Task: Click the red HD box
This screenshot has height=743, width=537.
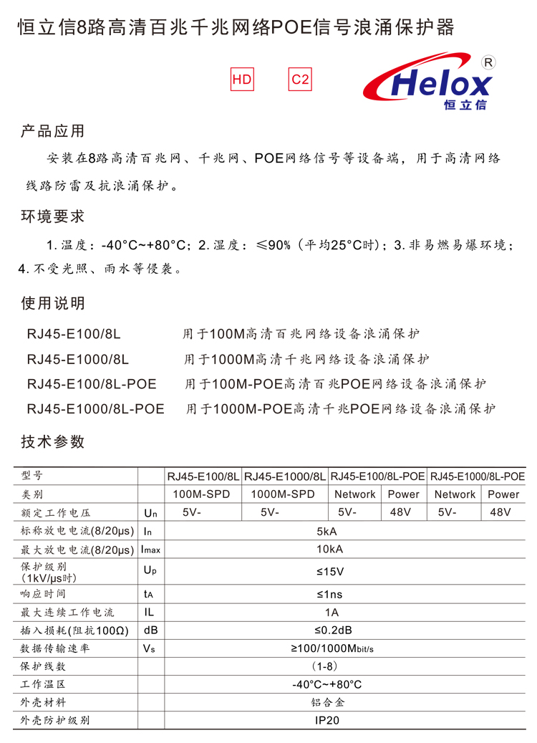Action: [x=242, y=80]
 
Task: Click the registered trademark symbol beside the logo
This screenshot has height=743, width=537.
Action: [x=489, y=62]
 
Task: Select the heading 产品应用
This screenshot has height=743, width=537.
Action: [x=53, y=131]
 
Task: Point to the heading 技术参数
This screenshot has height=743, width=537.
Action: [x=53, y=442]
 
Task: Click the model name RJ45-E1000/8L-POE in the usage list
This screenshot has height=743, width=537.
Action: [x=95, y=409]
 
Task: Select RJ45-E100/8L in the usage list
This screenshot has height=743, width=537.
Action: [x=74, y=334]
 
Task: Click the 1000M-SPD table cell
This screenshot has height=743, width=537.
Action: [x=283, y=494]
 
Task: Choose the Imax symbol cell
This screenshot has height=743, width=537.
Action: [x=150, y=550]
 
